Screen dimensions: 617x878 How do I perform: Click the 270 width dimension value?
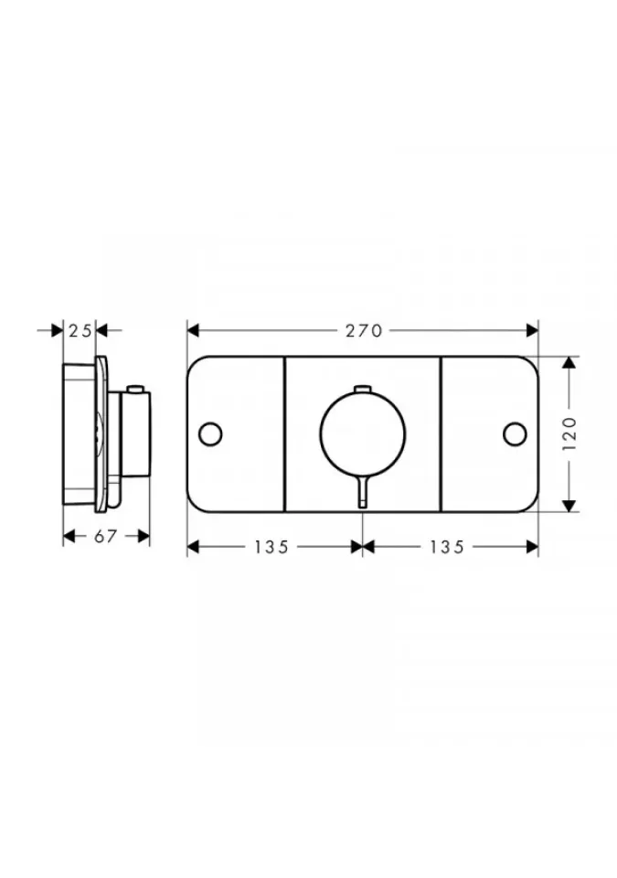pyautogui.click(x=364, y=331)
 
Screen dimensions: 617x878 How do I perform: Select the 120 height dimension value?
pyautogui.click(x=569, y=434)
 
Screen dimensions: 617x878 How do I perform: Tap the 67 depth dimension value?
pyautogui.click(x=105, y=537)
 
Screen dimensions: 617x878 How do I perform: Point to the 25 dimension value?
pyautogui.click(x=80, y=331)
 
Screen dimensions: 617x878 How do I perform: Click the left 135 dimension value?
pyautogui.click(x=271, y=547)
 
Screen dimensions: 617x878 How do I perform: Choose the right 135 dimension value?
pyautogui.click(x=447, y=547)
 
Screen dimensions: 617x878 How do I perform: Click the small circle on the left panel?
pyautogui.click(x=210, y=434)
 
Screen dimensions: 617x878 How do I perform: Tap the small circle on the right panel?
pyautogui.click(x=515, y=434)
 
